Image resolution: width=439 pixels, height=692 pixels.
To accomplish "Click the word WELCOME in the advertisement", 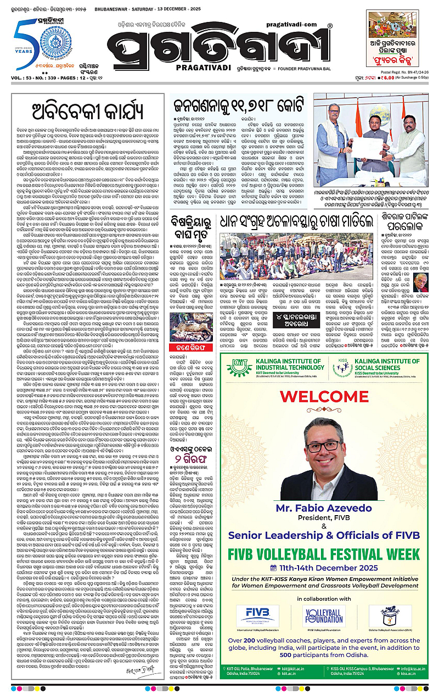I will tap(327, 395).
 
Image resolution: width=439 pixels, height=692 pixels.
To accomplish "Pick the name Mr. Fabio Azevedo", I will tap(327, 503).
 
